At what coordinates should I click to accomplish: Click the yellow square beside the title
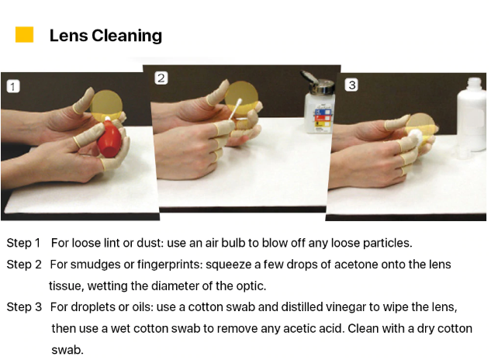click(x=24, y=34)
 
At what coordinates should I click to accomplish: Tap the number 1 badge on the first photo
click(x=13, y=86)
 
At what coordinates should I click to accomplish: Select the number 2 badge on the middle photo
click(x=161, y=78)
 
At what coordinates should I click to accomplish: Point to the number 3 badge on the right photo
click(x=351, y=85)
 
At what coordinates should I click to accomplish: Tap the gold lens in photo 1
click(x=106, y=102)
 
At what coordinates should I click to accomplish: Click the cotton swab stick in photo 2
click(x=235, y=109)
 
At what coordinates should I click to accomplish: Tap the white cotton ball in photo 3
click(x=415, y=137)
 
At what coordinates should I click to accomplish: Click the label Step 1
click(x=23, y=244)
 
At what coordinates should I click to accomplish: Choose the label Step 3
click(x=24, y=307)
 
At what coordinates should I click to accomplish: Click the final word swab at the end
click(x=67, y=350)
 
